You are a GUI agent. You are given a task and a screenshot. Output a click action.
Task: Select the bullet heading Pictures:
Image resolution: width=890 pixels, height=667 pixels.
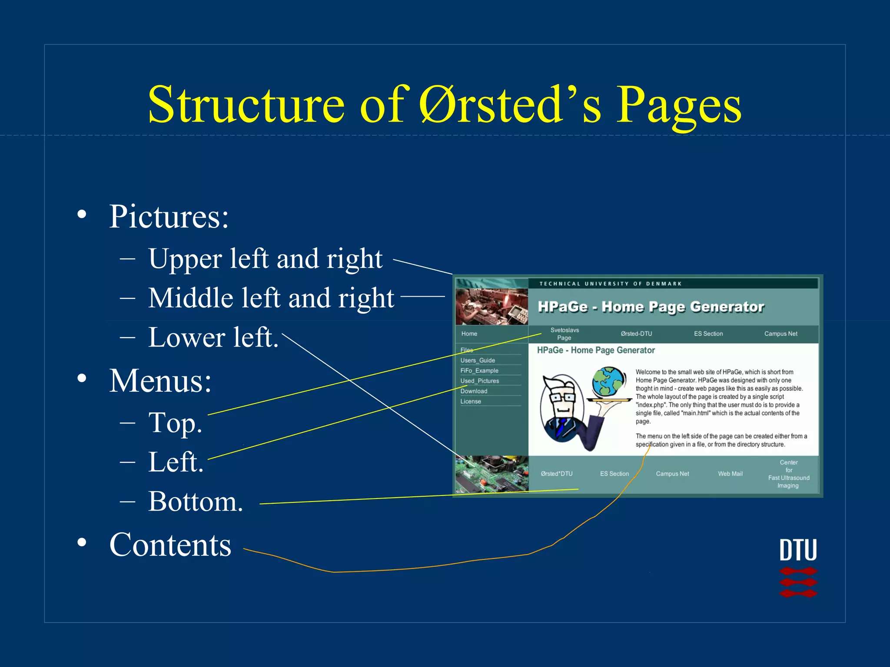[169, 217]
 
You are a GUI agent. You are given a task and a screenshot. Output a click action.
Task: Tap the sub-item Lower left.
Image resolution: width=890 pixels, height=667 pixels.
[213, 337]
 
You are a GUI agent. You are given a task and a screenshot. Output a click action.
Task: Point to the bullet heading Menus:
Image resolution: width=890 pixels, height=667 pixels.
[160, 381]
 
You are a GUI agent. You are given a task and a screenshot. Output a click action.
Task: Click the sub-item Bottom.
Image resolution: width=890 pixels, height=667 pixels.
[195, 502]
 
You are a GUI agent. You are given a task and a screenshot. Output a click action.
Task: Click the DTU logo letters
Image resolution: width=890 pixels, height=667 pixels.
[798, 550]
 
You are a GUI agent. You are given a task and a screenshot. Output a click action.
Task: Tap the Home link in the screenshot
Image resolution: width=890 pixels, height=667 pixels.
[469, 333]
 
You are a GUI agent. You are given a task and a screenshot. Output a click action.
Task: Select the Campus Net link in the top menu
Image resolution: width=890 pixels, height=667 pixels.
[780, 333]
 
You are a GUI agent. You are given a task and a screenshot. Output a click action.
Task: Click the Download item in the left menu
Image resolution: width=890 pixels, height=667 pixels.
[474, 391]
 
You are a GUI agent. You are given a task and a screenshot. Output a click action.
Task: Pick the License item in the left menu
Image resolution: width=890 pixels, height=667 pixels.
[471, 401]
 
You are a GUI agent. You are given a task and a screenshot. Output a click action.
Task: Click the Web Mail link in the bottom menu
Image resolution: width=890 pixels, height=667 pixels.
[730, 474]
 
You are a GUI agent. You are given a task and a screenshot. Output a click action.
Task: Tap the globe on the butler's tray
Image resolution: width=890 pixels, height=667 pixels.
[609, 381]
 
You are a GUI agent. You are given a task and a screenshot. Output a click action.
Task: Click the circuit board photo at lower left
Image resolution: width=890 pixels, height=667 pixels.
[491, 474]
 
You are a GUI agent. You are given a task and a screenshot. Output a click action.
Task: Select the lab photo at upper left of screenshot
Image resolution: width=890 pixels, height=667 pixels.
[491, 306]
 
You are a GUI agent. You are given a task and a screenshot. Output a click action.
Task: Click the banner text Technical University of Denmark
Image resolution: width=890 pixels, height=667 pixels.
[610, 284]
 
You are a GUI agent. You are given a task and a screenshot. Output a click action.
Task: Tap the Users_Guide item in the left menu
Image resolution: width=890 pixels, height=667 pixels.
[478, 360]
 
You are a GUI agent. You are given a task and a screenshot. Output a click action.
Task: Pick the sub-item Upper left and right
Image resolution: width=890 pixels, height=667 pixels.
[265, 259]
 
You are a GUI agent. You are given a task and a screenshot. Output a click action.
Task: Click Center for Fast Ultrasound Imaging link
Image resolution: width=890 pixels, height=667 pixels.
[788, 474]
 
